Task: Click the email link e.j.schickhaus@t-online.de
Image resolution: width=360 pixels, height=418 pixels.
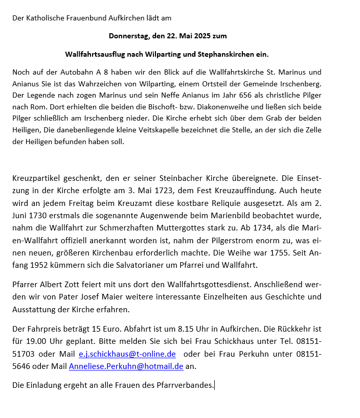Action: pyautogui.click(x=127, y=354)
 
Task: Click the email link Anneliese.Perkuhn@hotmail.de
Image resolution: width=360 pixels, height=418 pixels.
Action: pyautogui.click(x=126, y=366)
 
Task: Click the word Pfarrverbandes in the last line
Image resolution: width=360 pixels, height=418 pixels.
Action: pyautogui.click(x=187, y=385)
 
